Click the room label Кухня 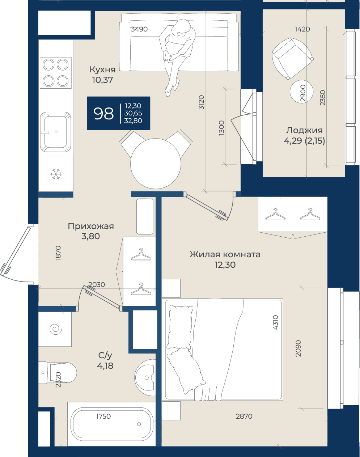[x=103, y=70]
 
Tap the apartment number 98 [x=103, y=113]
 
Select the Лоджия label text [x=304, y=131]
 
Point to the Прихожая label [x=91, y=227]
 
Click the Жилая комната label [x=225, y=254]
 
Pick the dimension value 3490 [x=139, y=29]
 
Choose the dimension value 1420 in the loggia [x=302, y=29]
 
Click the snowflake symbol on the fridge [x=56, y=174]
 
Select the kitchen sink [x=56, y=132]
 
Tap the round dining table [x=156, y=164]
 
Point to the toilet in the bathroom [x=57, y=373]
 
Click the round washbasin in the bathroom [x=145, y=377]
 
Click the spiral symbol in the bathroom [x=56, y=329]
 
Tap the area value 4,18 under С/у [x=105, y=366]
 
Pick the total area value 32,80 [x=133, y=120]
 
